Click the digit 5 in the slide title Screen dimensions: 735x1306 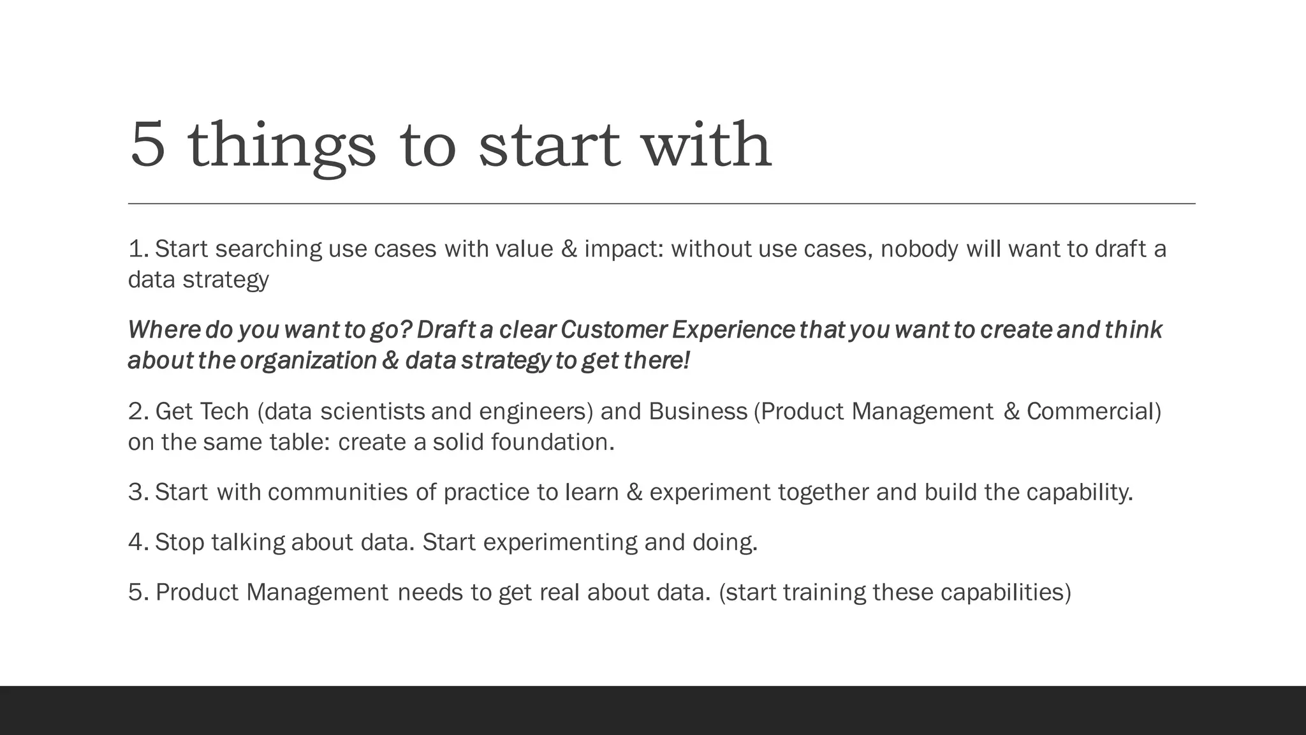148,145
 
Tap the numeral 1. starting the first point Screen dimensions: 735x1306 138,249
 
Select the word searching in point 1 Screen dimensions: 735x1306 268,249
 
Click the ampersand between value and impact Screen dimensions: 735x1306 569,249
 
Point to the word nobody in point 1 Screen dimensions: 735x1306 919,249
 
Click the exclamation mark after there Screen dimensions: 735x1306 686,361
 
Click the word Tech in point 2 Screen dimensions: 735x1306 224,412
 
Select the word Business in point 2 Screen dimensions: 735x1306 698,412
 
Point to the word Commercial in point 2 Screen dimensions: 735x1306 1090,412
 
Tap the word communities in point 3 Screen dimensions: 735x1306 337,493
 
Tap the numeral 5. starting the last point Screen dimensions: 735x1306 138,593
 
